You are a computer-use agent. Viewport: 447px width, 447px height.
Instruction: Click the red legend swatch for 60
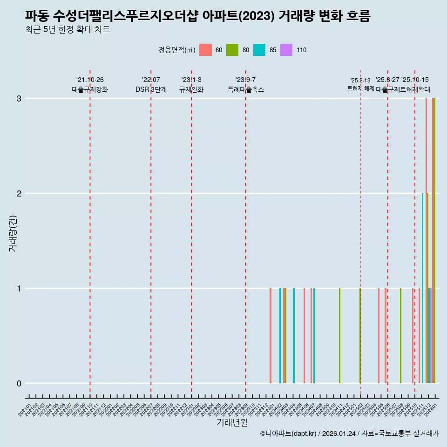point(205,50)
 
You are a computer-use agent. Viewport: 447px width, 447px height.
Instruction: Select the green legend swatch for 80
point(232,50)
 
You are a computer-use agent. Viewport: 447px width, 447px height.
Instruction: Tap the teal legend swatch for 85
point(259,50)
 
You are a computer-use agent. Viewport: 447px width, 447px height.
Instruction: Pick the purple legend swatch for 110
point(286,50)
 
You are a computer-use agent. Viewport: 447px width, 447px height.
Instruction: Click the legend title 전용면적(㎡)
point(176,50)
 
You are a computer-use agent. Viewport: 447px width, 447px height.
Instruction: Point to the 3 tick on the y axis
point(19,99)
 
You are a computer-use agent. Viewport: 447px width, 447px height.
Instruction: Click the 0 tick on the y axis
point(19,384)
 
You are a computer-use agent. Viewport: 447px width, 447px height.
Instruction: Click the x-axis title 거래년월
point(232,422)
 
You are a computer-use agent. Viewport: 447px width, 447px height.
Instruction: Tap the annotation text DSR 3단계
point(151,89)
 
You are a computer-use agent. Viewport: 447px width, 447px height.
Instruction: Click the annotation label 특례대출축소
point(245,89)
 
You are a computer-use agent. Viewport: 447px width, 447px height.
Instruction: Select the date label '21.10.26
point(90,80)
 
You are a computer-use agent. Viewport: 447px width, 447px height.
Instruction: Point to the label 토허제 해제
point(360,88)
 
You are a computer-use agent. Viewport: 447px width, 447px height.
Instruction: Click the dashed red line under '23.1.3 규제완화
point(191,233)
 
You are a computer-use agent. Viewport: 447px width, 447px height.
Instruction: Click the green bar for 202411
point(339,336)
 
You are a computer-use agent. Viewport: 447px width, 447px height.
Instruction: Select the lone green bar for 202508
point(400,336)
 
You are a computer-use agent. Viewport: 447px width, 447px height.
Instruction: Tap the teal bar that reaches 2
point(422,288)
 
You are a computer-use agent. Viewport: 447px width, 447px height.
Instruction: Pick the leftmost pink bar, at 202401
point(271,336)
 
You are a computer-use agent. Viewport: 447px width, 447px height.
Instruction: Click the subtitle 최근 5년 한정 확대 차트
point(68,30)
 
